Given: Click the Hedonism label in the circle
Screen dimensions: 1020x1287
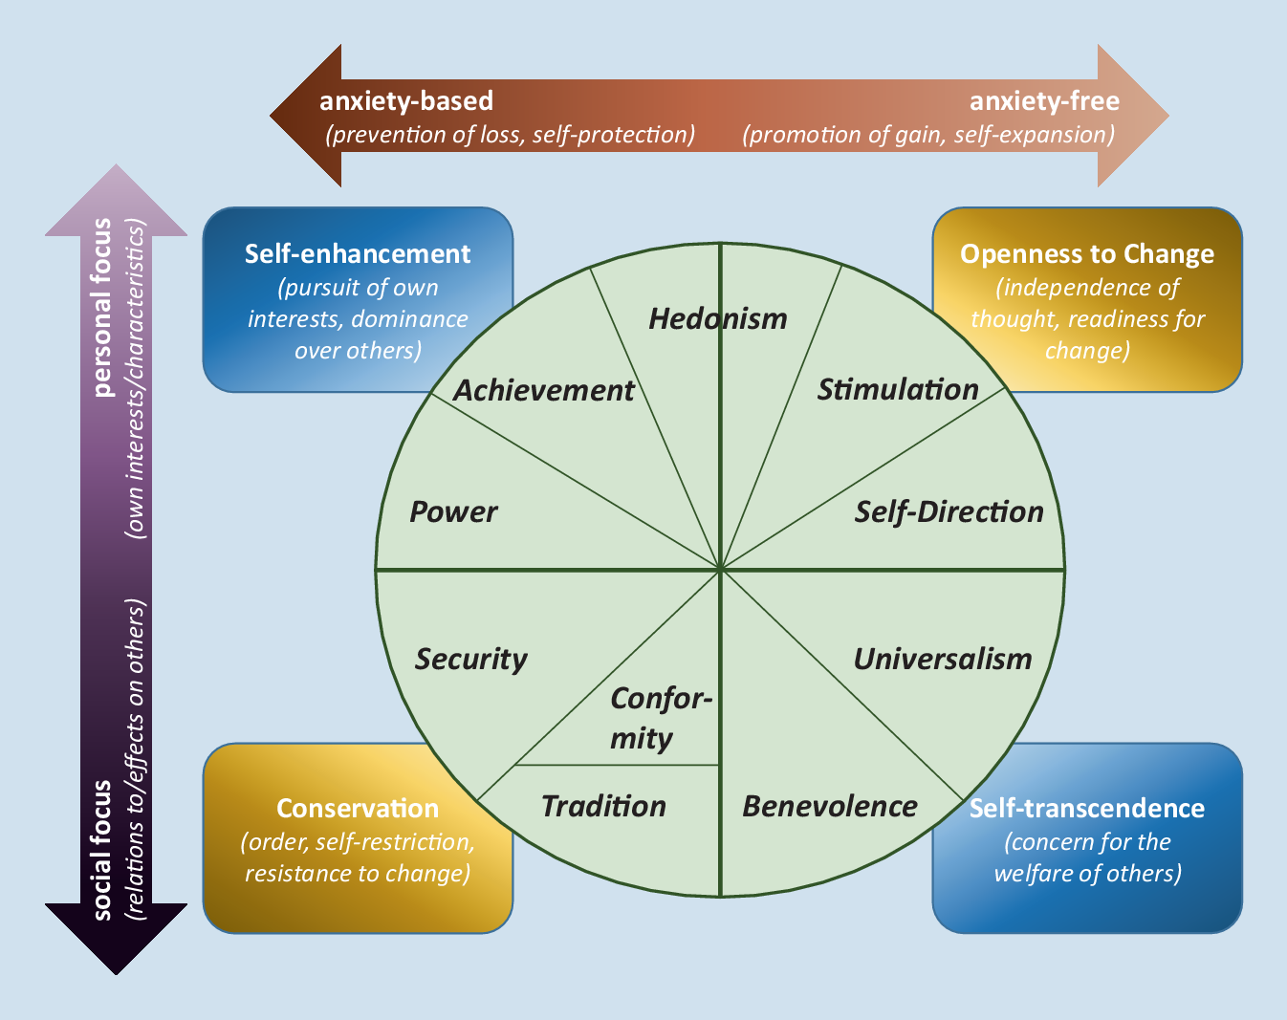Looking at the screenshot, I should (717, 318).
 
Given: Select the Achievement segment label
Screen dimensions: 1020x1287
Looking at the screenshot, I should (543, 390).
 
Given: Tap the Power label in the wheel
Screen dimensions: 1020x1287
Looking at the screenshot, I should (453, 511).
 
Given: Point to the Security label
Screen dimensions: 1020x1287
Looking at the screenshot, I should (470, 659).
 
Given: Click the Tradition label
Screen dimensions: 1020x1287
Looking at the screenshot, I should (603, 806).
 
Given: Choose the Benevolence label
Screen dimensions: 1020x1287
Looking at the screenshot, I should (829, 806).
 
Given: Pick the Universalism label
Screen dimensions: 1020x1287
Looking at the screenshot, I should (942, 659).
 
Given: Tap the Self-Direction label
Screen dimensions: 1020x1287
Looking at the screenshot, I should (949, 511).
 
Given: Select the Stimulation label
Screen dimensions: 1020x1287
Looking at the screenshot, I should (897, 389).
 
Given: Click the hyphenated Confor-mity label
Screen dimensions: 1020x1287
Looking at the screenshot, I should (661, 718).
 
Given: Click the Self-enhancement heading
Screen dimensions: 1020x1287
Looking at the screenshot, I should (358, 253).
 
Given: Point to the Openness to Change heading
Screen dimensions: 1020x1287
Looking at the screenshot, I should (1087, 253).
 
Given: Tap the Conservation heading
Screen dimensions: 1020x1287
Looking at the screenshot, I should (358, 808).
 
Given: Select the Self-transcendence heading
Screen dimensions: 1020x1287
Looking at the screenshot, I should (1087, 808).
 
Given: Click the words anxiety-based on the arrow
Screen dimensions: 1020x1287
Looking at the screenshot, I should (406, 100).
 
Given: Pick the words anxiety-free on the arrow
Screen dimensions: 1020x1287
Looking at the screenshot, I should (1044, 100).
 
